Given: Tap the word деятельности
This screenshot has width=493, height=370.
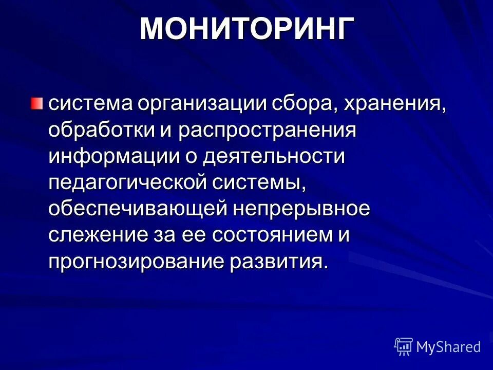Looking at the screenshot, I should [x=274, y=156].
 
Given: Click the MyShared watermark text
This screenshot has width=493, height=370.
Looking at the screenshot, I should [x=448, y=347].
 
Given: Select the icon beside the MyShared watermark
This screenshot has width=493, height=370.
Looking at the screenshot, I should [x=404, y=346].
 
